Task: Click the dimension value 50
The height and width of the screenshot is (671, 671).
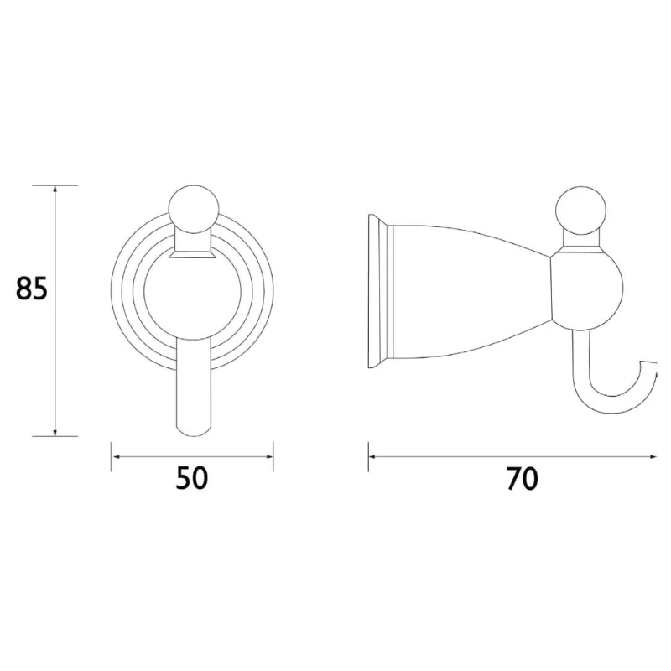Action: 192,479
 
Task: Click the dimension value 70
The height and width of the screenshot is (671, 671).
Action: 522,479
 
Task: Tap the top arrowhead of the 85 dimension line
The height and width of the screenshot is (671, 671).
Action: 56,190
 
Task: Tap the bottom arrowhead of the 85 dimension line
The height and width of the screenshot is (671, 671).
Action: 56,432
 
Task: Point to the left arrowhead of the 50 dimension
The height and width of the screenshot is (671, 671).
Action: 117,456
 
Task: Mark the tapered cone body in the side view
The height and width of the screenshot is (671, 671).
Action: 470,289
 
